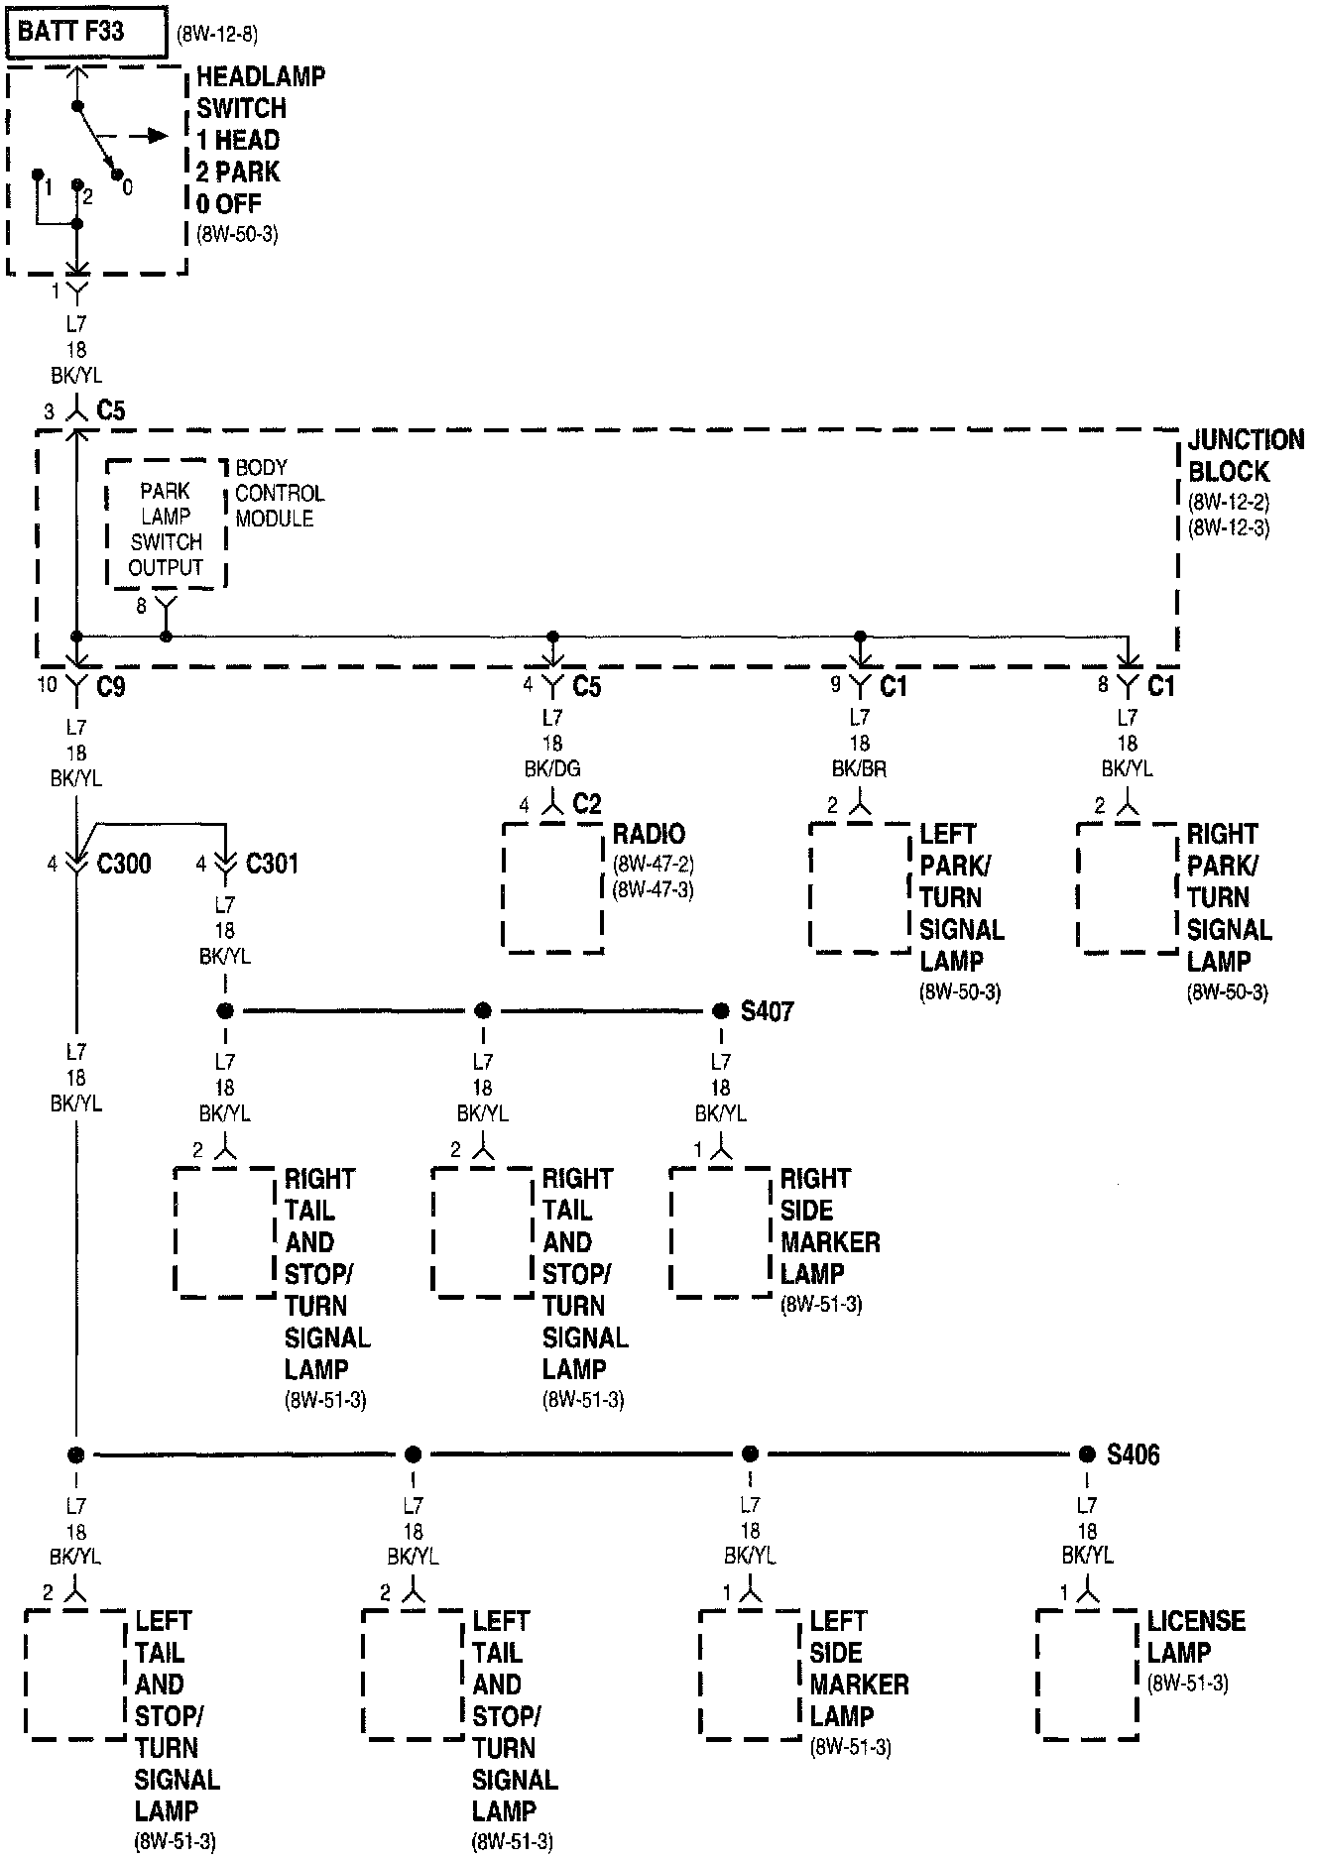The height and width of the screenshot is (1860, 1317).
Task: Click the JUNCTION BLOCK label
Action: (x=1246, y=455)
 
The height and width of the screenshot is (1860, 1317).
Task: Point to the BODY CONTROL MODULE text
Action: (x=279, y=493)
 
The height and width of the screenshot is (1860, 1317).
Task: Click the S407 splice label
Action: (x=767, y=1011)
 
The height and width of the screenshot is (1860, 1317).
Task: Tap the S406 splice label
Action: (x=1133, y=1454)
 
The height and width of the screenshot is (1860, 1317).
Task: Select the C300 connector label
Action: (x=124, y=864)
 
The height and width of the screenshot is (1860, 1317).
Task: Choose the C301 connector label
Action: (x=272, y=864)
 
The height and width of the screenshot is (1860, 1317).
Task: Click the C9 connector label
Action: (x=111, y=686)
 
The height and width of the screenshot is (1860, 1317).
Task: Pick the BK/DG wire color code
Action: (x=552, y=768)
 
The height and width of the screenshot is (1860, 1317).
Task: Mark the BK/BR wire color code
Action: (x=860, y=768)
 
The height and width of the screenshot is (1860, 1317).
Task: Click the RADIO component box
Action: (x=552, y=887)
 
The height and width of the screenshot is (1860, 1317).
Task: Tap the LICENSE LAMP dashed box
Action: (x=1087, y=1674)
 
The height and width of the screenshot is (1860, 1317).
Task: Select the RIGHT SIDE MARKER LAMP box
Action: (x=721, y=1232)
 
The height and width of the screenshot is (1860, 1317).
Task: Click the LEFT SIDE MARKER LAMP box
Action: (x=750, y=1674)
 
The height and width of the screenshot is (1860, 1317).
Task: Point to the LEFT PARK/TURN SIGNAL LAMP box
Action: (x=860, y=887)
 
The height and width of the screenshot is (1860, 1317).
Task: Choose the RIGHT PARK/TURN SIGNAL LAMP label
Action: (x=1229, y=897)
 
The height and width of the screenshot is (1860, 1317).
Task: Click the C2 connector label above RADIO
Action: (x=587, y=804)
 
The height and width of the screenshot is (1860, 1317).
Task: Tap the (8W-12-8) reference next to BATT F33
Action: (x=217, y=34)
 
